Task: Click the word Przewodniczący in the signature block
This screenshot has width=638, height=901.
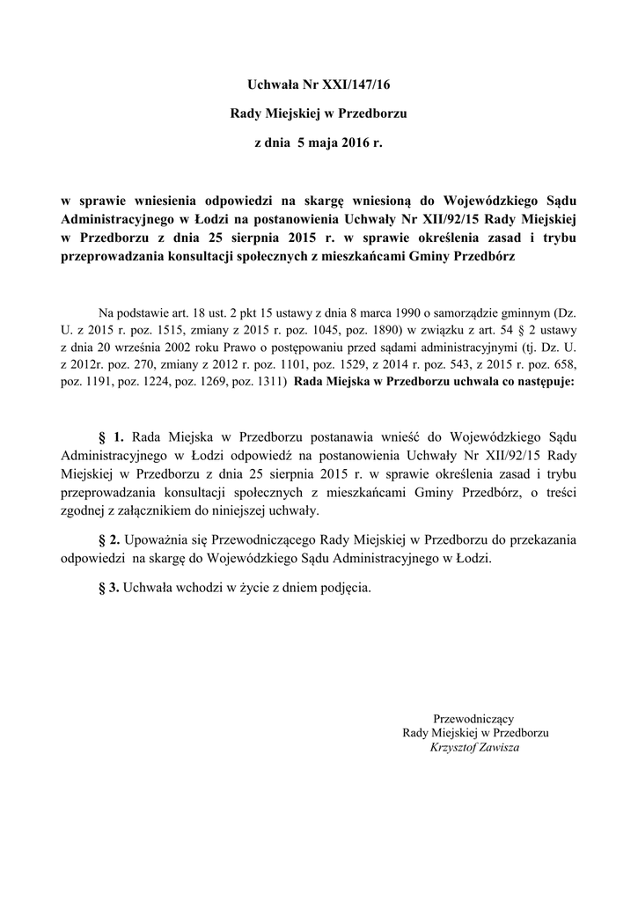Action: pyautogui.click(x=474, y=719)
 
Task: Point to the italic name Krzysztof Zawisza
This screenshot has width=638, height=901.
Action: pyautogui.click(x=474, y=747)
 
